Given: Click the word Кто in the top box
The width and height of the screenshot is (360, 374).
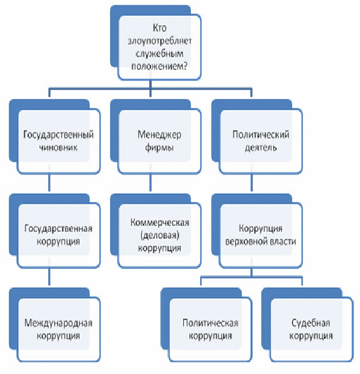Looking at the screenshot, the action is coord(159,28).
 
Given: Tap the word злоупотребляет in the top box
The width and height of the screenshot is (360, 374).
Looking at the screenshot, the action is coord(160,41).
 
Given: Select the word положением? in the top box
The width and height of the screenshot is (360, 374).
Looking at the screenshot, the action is coord(160,66).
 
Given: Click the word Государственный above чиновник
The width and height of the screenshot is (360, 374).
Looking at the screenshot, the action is coord(59,135).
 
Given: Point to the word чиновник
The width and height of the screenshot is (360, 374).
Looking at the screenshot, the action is coord(59,147).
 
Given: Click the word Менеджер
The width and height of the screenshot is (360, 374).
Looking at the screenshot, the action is coord(159,135).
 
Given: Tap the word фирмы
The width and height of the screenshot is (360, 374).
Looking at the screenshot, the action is coord(159,147).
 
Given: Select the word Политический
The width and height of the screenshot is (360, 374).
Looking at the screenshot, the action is coord(261,135).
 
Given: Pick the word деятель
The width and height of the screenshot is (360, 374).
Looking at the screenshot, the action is coord(261,147).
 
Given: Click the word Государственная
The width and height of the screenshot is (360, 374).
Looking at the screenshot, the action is coord(59,229).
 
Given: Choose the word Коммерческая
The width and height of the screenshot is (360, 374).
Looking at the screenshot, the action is coord(160,223).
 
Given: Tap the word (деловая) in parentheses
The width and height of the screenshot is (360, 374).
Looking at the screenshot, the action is coord(160,235).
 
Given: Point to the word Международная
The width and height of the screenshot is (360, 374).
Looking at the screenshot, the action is coord(59,323).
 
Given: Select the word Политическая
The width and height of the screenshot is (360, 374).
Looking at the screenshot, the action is coord(210,323).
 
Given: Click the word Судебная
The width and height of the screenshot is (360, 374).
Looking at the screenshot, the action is coord(311,323).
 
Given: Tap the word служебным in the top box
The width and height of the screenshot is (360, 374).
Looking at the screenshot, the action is coord(160,53).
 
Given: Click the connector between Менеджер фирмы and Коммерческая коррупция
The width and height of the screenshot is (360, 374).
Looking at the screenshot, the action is coord(150,183).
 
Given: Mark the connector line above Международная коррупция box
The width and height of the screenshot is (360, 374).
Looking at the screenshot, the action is coord(49,277).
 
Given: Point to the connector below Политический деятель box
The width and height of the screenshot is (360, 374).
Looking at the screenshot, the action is coord(252,183).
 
